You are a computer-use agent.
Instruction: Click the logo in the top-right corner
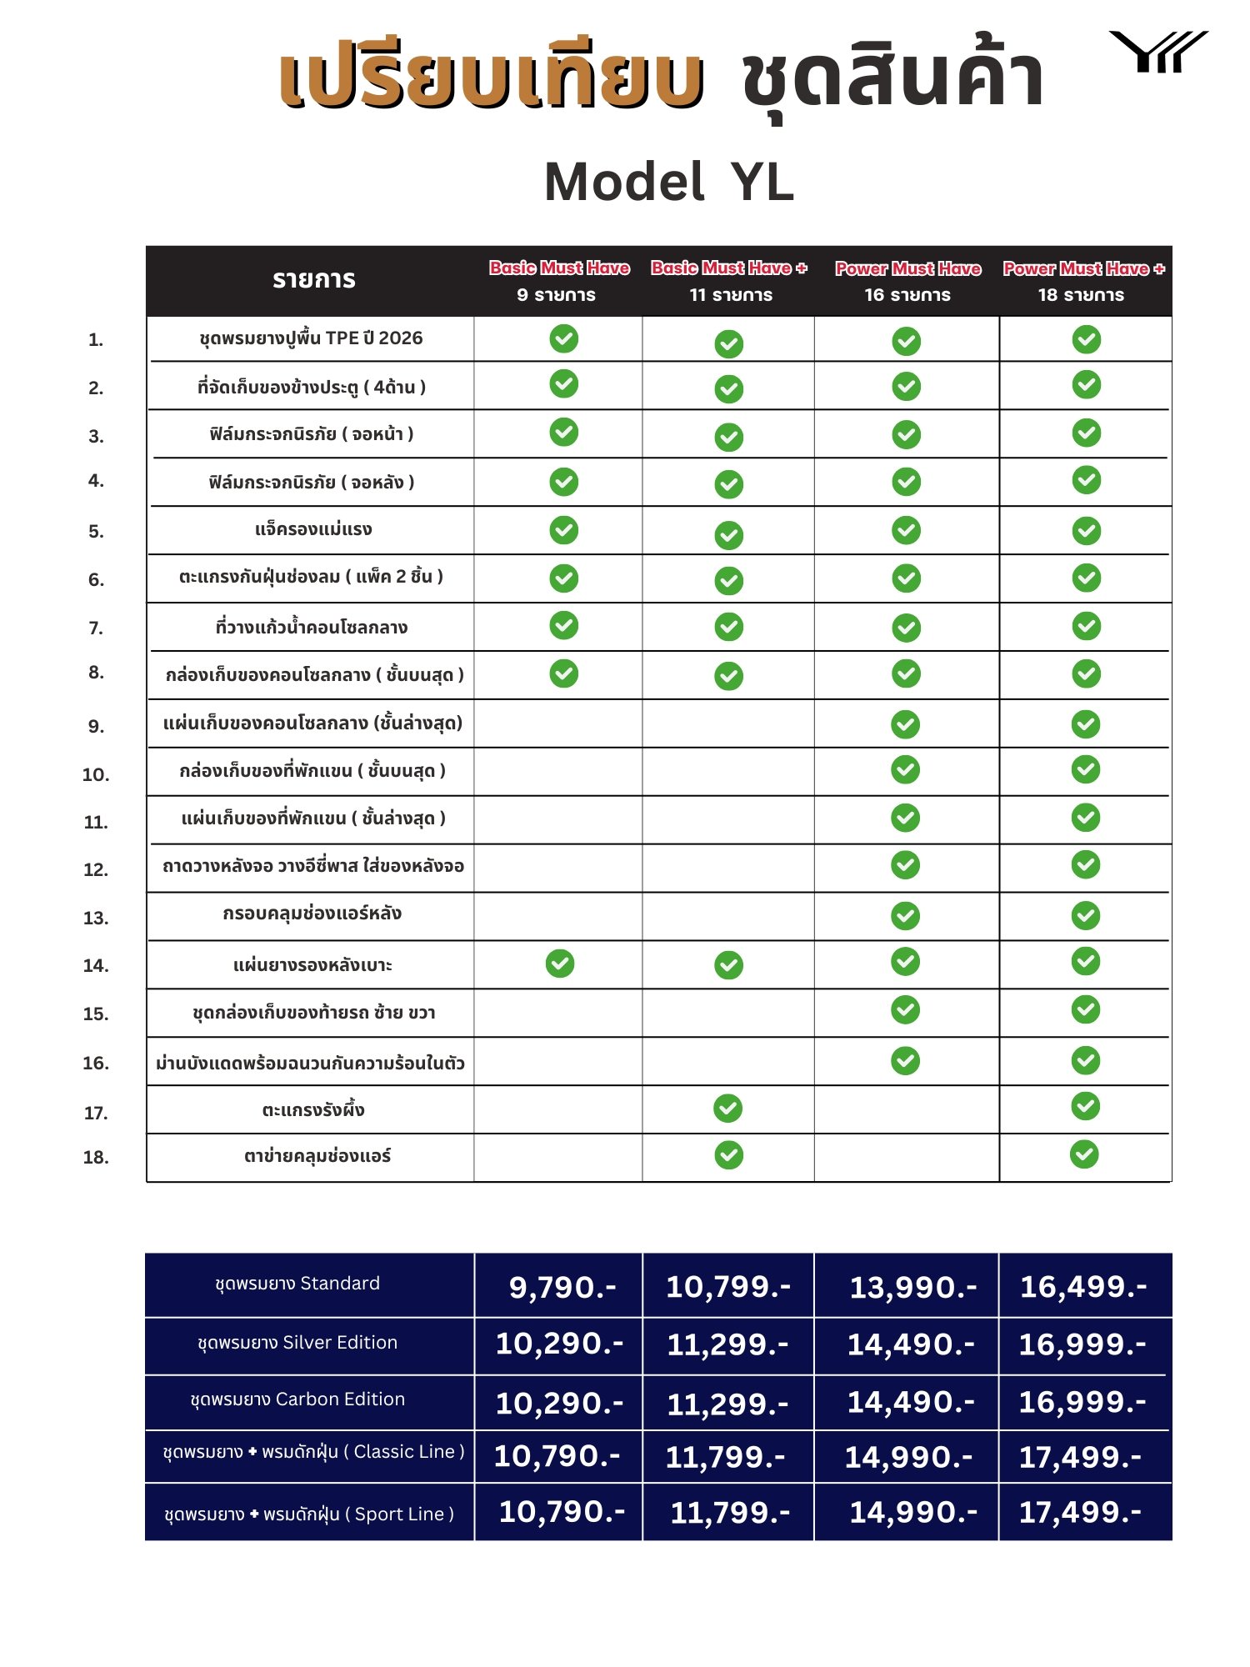click(1157, 52)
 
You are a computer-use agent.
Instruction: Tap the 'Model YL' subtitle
click(669, 183)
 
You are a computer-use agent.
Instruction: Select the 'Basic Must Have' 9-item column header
click(558, 280)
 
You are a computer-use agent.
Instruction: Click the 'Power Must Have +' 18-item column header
click(1082, 280)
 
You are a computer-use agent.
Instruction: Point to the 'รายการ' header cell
click(313, 280)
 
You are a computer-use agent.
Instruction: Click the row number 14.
click(96, 965)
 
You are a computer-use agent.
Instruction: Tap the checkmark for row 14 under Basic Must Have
click(560, 964)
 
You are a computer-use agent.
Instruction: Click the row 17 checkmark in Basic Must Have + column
click(728, 1108)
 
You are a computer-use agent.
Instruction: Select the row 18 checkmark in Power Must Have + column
click(1084, 1154)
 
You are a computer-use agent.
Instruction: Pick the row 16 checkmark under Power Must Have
click(905, 1060)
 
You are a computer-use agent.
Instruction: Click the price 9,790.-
click(562, 1288)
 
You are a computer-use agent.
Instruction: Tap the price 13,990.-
click(912, 1288)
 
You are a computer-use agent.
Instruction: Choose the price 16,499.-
click(1083, 1287)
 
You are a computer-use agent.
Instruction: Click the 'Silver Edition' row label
click(297, 1343)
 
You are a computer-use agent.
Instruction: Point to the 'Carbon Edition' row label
click(297, 1399)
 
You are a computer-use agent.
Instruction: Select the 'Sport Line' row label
click(309, 1514)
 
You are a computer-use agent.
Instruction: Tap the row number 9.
click(96, 726)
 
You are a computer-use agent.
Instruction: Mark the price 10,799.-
click(728, 1287)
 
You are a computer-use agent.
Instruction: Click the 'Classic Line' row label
click(313, 1452)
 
